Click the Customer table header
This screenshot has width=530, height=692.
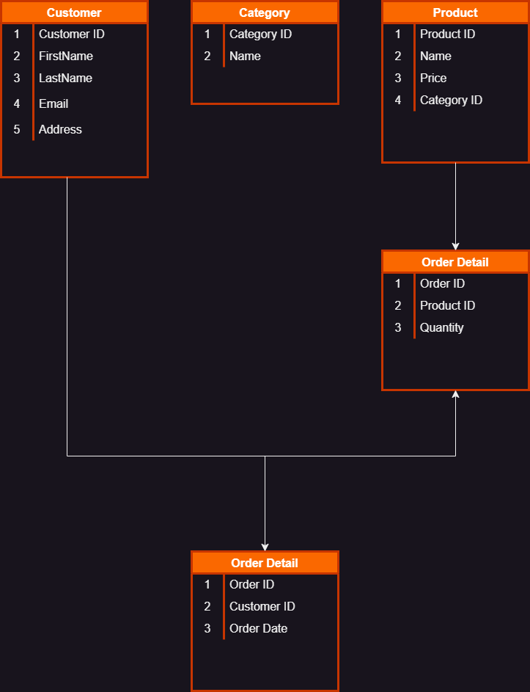(x=74, y=12)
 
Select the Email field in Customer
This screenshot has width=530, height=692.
(x=54, y=103)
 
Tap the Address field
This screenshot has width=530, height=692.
(x=60, y=129)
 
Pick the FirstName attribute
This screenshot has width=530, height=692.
(x=65, y=56)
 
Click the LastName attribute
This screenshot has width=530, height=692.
(x=65, y=78)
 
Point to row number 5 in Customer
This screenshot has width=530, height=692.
(x=17, y=129)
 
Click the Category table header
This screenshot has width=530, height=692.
(x=265, y=12)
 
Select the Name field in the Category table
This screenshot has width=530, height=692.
(x=245, y=56)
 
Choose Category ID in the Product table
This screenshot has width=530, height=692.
(x=451, y=100)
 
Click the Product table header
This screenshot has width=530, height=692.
(x=455, y=12)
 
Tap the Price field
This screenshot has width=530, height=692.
(x=433, y=78)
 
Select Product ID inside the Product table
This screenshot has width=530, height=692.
(x=447, y=34)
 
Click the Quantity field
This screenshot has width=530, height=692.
(x=441, y=327)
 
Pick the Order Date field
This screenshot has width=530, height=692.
(x=258, y=628)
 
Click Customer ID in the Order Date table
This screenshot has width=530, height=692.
(x=262, y=606)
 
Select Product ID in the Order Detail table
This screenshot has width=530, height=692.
(x=447, y=305)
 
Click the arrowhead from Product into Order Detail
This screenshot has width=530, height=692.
(x=455, y=246)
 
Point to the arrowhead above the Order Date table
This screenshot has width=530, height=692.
(x=265, y=547)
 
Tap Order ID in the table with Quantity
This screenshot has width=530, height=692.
(x=442, y=283)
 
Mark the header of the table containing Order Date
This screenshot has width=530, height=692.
(x=265, y=563)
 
